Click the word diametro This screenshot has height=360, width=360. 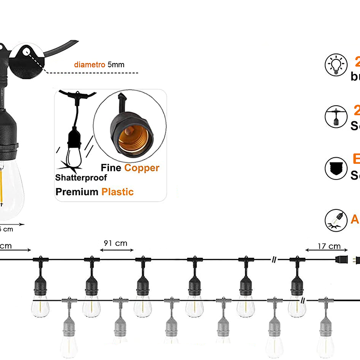(x=90, y=64)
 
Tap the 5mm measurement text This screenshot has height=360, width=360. (x=116, y=64)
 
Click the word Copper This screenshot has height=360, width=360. (x=142, y=168)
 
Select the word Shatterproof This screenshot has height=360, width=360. (x=81, y=178)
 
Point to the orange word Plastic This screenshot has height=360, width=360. (x=117, y=192)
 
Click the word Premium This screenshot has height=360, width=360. (x=77, y=192)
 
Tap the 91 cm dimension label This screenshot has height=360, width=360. (x=116, y=243)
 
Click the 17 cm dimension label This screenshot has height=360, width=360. (x=329, y=246)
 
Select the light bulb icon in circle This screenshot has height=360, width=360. (x=336, y=65)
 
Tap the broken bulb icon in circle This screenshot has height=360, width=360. (x=336, y=220)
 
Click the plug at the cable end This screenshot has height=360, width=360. (x=347, y=260)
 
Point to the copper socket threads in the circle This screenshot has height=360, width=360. (x=134, y=137)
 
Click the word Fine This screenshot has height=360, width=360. (x=111, y=168)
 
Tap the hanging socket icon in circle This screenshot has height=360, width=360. (x=336, y=117)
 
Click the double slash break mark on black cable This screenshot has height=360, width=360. (x=274, y=260)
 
